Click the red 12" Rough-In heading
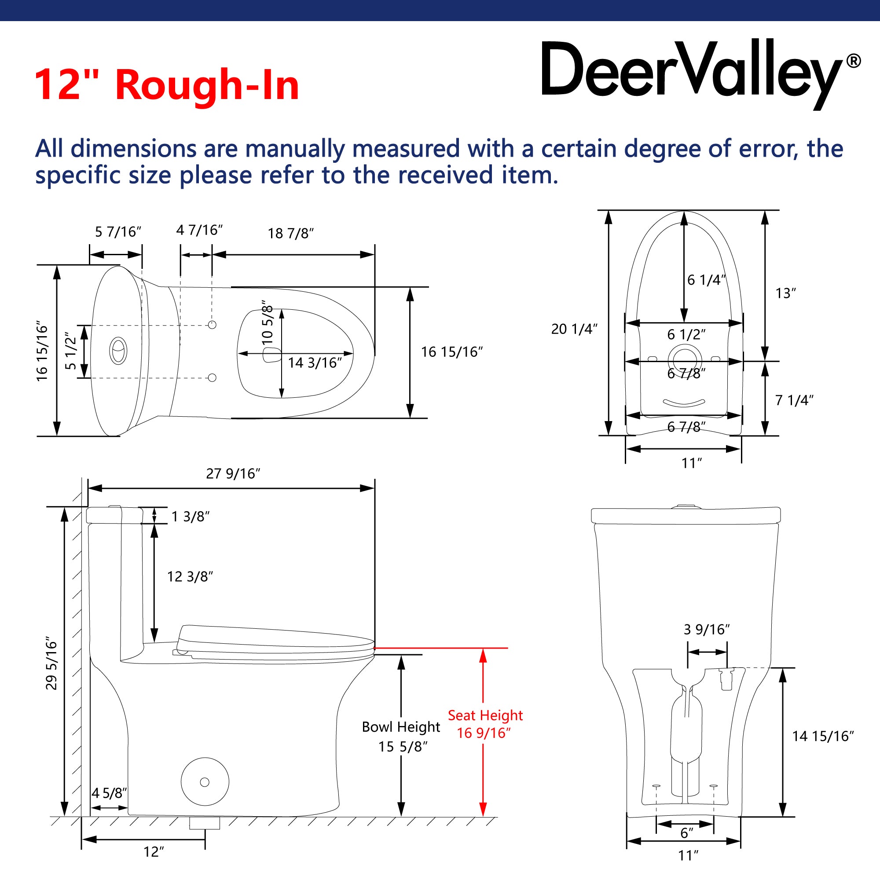click(x=167, y=85)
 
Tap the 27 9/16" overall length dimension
click(x=233, y=474)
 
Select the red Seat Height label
click(x=485, y=715)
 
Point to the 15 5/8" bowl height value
click(x=403, y=747)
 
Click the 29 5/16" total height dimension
click(x=52, y=664)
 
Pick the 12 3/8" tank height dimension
click(x=190, y=577)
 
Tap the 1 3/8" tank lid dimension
click(x=191, y=517)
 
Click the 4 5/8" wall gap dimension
click(x=109, y=793)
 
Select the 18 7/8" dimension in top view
click(x=290, y=233)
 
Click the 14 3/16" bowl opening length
click(x=315, y=363)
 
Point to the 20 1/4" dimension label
click(x=574, y=329)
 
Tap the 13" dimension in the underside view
click(x=786, y=293)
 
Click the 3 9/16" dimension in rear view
click(x=707, y=630)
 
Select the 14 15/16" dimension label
click(x=823, y=736)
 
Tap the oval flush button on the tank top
click(x=118, y=351)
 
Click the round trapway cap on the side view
click(x=205, y=781)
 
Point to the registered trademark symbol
click(x=853, y=61)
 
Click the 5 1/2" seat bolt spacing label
click(x=70, y=351)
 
